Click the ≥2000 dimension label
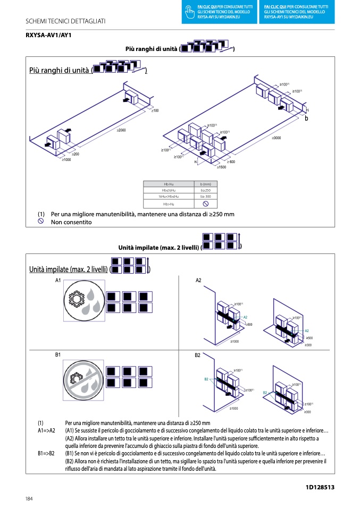click(121, 130)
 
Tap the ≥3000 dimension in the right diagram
click(277, 138)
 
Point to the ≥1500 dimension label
click(221, 167)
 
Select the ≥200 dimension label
click(76, 154)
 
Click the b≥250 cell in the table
click(205, 190)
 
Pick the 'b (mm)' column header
click(205, 184)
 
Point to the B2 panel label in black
click(198, 354)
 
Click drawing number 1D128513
click(320, 487)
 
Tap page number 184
click(29, 498)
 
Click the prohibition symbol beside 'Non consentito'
click(40, 222)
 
